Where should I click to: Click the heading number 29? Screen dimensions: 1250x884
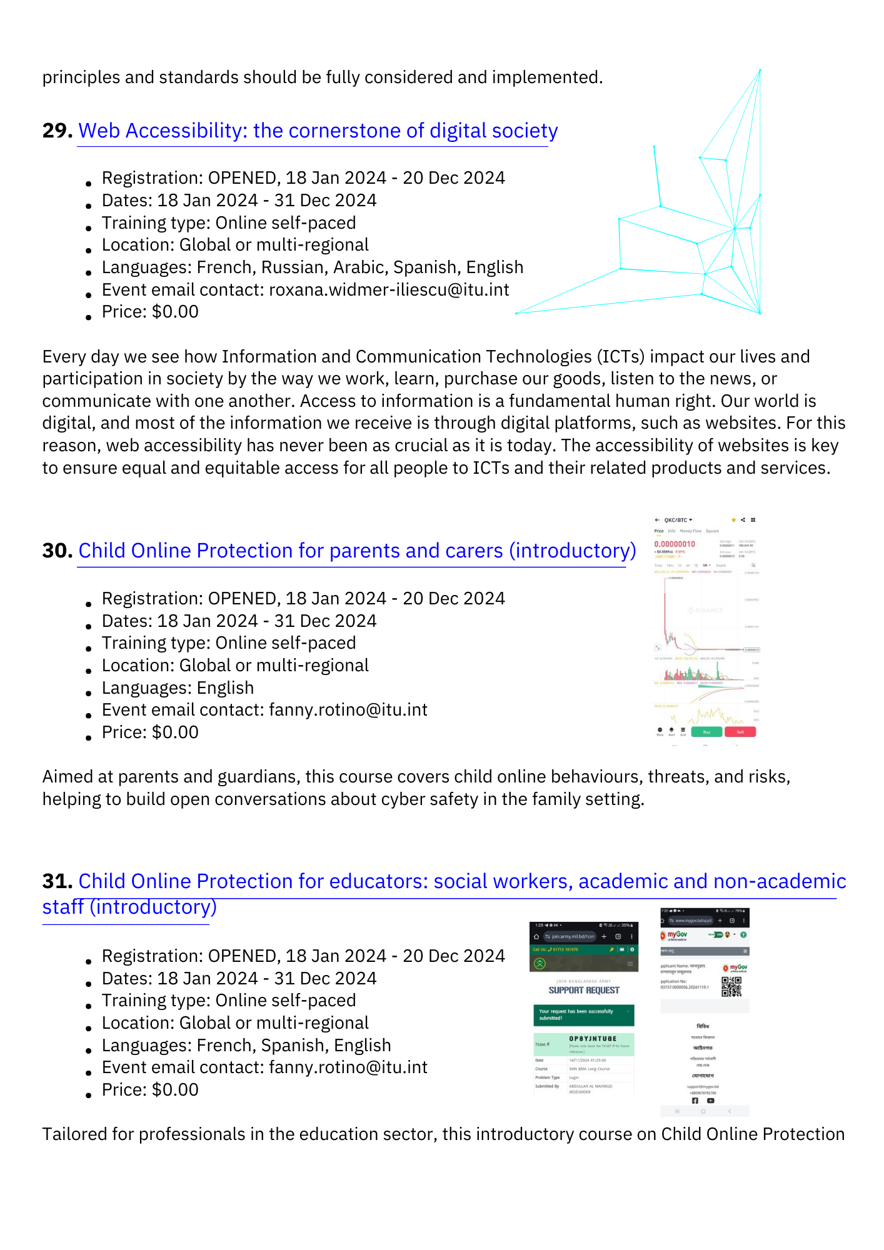tap(57, 131)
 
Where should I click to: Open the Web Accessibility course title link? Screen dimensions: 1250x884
tap(318, 131)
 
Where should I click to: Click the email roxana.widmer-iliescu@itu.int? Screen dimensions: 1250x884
tap(389, 290)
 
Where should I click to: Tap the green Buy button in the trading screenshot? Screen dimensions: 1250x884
tap(706, 732)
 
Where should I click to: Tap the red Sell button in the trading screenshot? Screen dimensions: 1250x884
tap(740, 732)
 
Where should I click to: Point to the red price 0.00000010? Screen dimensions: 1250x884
tap(675, 544)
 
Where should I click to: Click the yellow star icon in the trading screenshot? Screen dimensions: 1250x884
tap(733, 520)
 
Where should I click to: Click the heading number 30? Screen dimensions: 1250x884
tap(57, 551)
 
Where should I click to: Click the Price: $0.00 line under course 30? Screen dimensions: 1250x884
tap(150, 732)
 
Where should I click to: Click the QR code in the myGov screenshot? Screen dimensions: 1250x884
tap(731, 986)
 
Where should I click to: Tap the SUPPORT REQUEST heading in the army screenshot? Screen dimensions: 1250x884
tap(584, 991)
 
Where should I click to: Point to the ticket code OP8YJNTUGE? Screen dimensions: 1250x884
tap(593, 1039)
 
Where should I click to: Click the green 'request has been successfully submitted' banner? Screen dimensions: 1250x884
tap(583, 1014)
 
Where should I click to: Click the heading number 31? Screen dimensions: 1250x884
tap(57, 881)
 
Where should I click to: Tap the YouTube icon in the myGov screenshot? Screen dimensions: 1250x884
tap(711, 1101)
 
